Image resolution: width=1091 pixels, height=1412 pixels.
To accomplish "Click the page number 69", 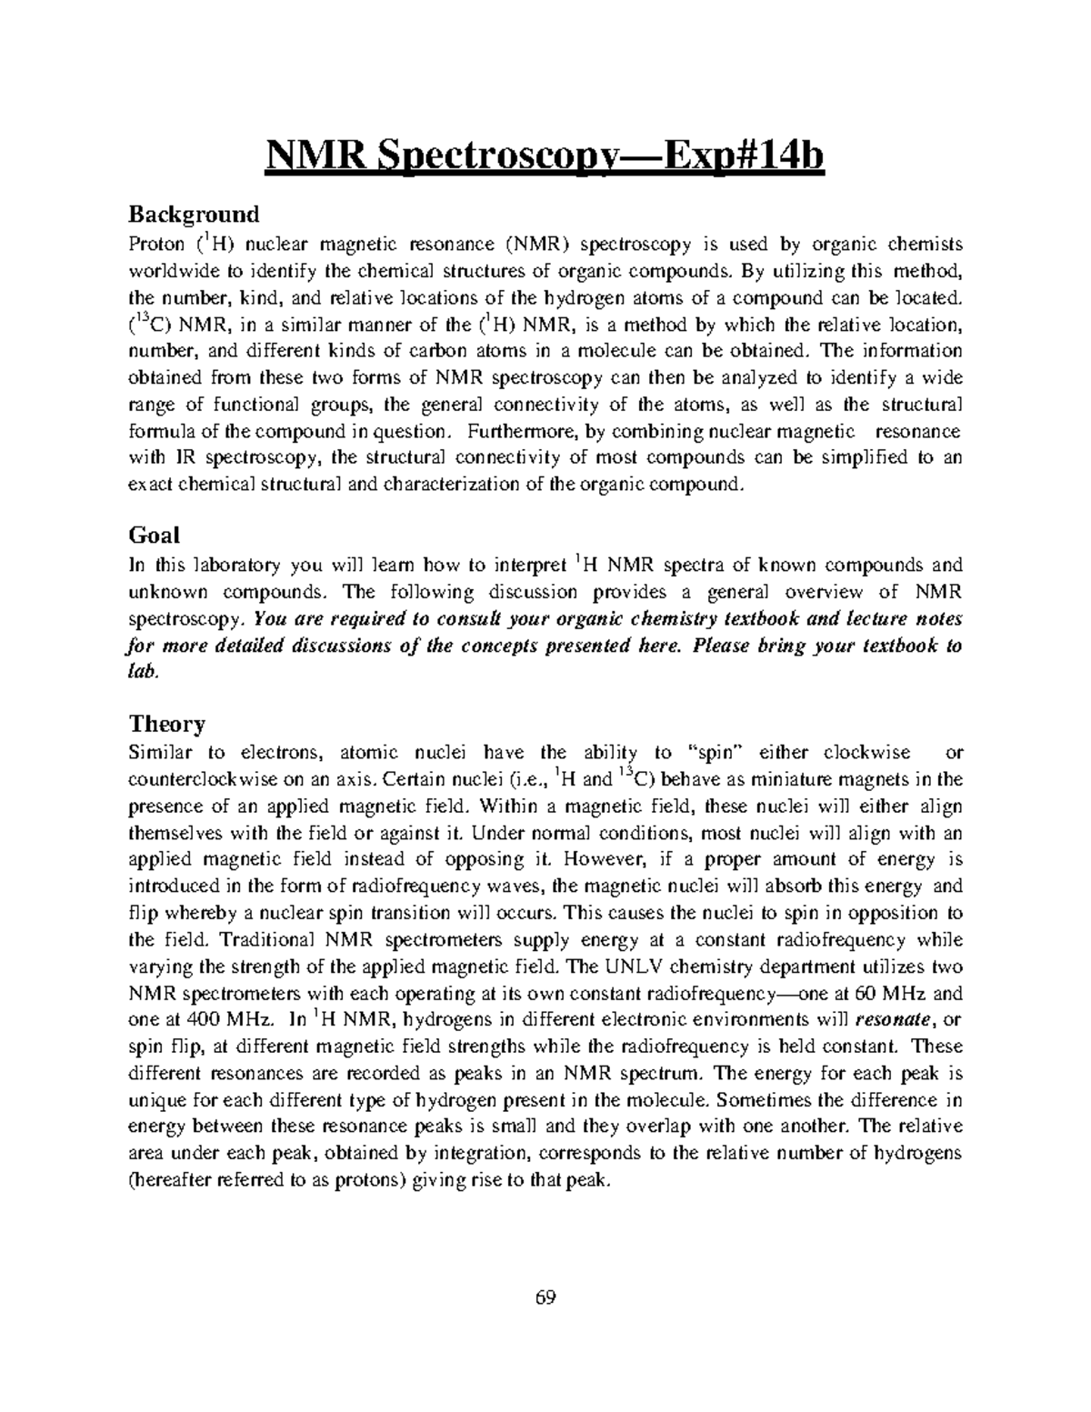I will pyautogui.click(x=545, y=1297).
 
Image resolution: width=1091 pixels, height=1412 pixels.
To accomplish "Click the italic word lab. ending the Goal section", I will pyautogui.click(x=143, y=672).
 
